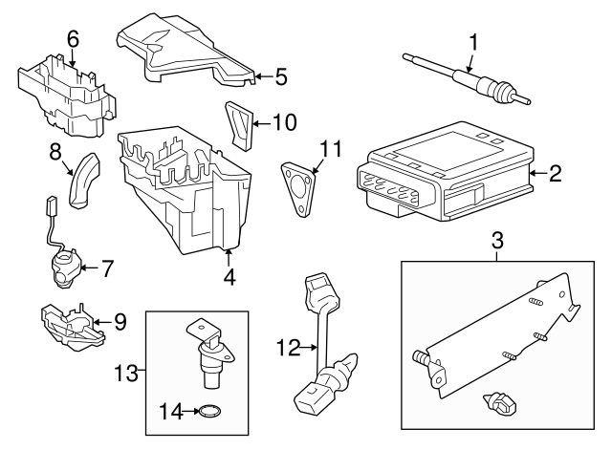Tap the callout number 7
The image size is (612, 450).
(107, 268)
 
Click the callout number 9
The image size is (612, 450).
(120, 322)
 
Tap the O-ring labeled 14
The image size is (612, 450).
(208, 414)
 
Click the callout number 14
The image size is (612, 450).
(168, 413)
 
